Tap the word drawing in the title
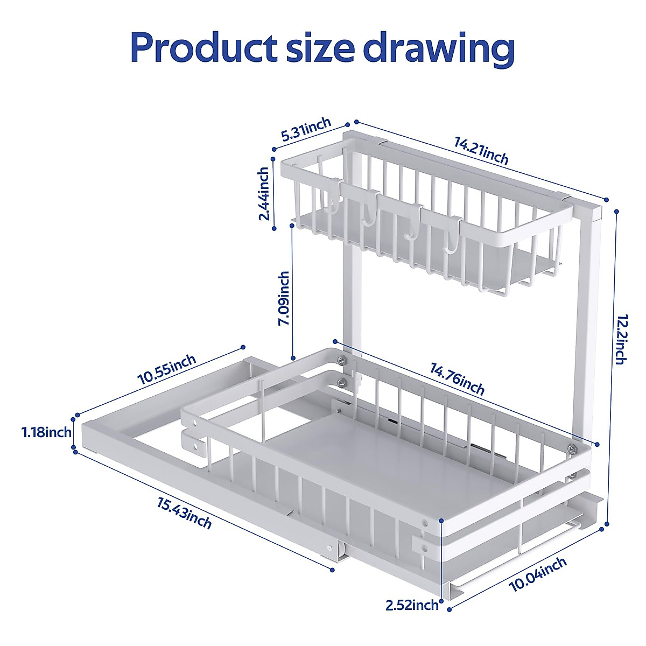439,50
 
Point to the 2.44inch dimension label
264,194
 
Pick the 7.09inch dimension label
284,298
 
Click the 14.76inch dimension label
457,378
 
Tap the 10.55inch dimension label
166,370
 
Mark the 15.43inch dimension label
184,513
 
